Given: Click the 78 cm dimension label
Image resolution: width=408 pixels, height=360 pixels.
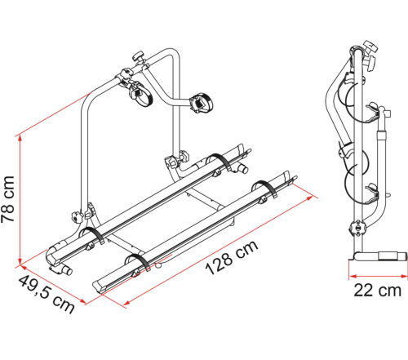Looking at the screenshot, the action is (7, 199).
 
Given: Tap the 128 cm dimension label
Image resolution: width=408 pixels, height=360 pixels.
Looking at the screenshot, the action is (232, 257).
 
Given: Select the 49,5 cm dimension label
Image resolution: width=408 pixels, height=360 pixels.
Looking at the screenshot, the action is (47, 295).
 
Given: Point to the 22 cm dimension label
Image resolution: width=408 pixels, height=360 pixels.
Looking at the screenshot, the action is (377, 291).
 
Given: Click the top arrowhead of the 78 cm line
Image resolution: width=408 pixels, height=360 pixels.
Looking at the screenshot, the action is (20, 139).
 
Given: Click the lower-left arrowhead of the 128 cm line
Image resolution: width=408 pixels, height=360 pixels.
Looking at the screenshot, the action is (127, 303).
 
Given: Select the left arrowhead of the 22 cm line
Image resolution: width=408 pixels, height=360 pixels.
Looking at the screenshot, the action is (353, 277).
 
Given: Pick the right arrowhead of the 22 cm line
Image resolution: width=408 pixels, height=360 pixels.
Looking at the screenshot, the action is (404, 277).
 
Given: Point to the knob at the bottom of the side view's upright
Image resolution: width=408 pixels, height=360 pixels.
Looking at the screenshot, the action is (357, 228).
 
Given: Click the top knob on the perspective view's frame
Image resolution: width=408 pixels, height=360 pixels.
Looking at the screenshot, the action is (139, 56).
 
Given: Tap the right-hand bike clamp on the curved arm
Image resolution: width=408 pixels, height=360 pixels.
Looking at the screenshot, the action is (202, 102).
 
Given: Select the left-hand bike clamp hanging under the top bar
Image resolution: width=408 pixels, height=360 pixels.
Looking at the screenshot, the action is (140, 93).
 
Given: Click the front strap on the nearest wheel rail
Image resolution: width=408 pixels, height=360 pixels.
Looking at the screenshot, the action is (140, 262).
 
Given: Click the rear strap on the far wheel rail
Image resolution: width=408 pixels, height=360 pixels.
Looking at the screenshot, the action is (221, 162).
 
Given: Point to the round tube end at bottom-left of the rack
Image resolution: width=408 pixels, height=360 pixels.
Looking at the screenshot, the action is (67, 270).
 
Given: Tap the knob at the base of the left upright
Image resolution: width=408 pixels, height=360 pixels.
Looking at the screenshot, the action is (77, 217).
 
